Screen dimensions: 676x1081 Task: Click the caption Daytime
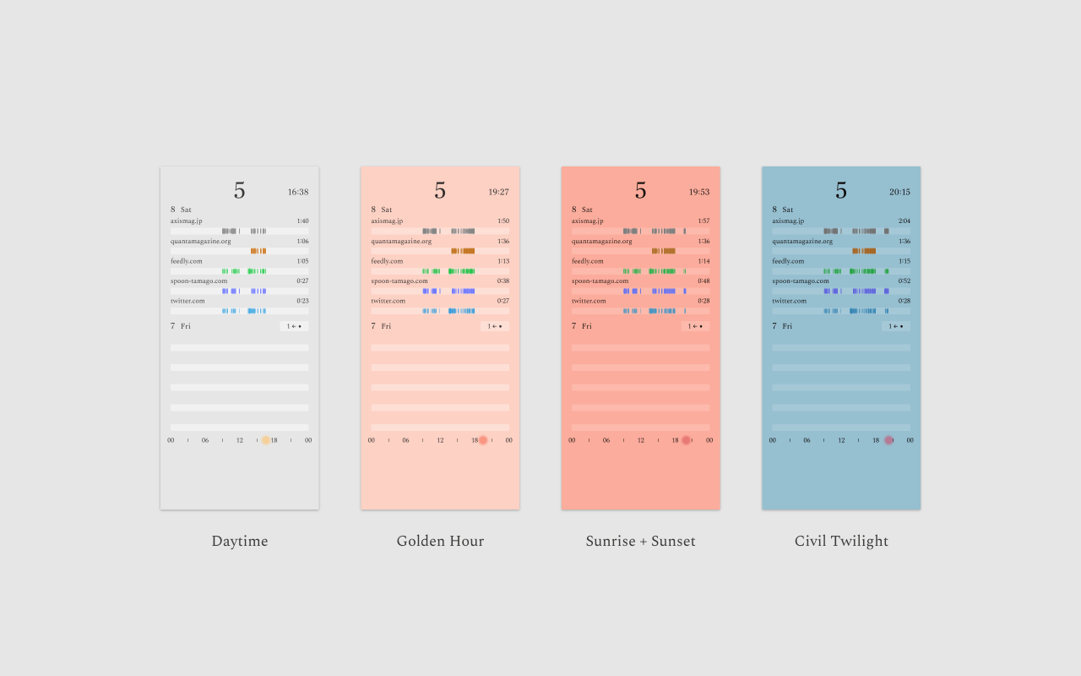click(x=239, y=542)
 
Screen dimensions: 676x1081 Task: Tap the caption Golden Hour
click(x=440, y=542)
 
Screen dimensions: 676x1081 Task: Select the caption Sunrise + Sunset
click(x=640, y=542)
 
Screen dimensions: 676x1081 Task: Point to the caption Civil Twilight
click(x=841, y=542)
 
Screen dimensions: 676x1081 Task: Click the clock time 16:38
click(x=297, y=192)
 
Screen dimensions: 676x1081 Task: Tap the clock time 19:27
click(x=498, y=192)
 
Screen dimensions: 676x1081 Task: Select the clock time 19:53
click(x=698, y=192)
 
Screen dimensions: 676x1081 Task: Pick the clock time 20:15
click(x=899, y=192)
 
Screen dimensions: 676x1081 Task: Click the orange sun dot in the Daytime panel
click(x=265, y=440)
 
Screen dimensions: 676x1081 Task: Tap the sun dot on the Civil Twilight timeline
click(x=888, y=440)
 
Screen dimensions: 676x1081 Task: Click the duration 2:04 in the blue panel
click(x=904, y=221)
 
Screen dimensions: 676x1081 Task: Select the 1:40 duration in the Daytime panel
click(x=302, y=221)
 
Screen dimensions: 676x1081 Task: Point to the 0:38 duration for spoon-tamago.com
click(x=502, y=281)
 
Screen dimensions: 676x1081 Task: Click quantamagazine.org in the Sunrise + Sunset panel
click(x=601, y=242)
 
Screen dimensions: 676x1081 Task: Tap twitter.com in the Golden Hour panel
click(x=388, y=301)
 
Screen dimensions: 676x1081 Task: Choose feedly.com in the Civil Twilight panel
click(x=787, y=261)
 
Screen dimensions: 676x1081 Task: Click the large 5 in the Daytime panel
click(x=239, y=191)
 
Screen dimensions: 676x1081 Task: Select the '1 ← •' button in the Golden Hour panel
click(x=494, y=326)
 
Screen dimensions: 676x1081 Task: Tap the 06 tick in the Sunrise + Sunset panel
click(x=606, y=440)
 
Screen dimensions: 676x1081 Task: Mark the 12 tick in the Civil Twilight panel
click(x=841, y=440)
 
